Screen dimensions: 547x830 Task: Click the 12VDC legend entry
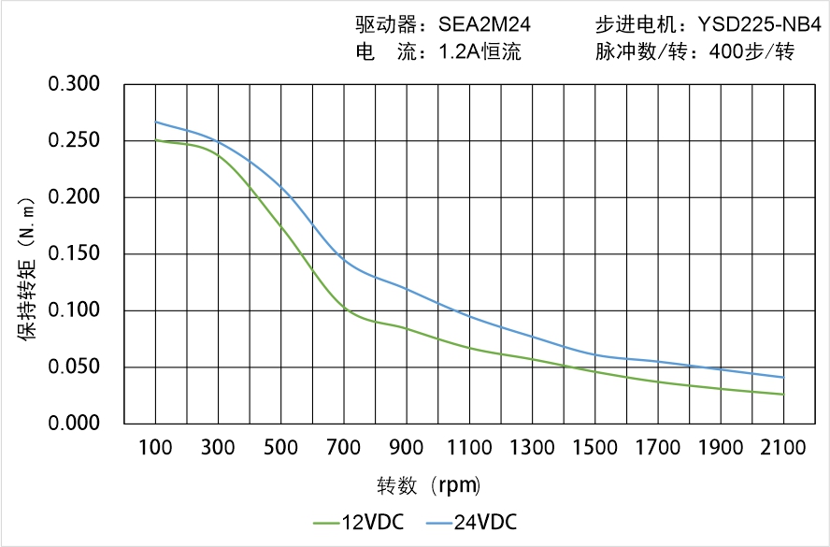pos(359,522)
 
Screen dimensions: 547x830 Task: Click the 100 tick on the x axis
pos(155,448)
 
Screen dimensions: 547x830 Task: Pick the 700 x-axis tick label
pos(343,448)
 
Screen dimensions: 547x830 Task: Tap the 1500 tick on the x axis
pos(594,448)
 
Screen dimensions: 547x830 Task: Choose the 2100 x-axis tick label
pos(783,448)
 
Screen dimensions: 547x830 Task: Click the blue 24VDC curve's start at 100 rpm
pos(155,122)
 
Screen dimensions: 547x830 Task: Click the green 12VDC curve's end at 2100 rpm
pos(783,395)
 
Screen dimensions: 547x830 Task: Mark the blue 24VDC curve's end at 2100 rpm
pos(783,378)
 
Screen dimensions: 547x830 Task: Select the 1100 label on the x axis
pos(469,448)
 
